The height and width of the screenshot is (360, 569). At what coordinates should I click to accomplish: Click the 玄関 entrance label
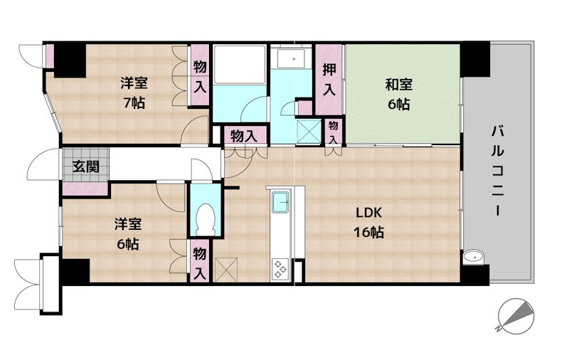(x=85, y=167)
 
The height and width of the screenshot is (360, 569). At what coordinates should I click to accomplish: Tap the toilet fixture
(x=206, y=220)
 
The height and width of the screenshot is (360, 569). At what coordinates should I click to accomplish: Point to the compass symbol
(x=516, y=316)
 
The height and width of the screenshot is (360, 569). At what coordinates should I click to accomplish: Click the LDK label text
(x=368, y=213)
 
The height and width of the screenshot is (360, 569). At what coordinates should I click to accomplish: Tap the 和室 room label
(x=398, y=85)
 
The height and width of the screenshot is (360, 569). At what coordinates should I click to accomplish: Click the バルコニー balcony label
(x=498, y=171)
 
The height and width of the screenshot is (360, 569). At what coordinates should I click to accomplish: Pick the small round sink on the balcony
(x=474, y=258)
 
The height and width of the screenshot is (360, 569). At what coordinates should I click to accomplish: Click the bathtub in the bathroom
(x=239, y=64)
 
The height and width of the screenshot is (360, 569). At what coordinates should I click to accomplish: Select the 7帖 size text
(x=134, y=103)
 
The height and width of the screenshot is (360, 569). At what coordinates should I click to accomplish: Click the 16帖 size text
(x=368, y=232)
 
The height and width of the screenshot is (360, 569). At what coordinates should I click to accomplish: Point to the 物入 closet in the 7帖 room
(x=199, y=75)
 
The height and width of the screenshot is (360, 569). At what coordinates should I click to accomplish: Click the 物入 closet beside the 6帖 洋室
(x=199, y=260)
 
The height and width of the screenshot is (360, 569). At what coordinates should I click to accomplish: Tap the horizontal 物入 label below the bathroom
(x=244, y=137)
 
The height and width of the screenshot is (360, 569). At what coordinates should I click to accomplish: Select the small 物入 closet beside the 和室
(x=333, y=132)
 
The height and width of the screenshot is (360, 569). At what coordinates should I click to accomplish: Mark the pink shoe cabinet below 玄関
(x=85, y=189)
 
